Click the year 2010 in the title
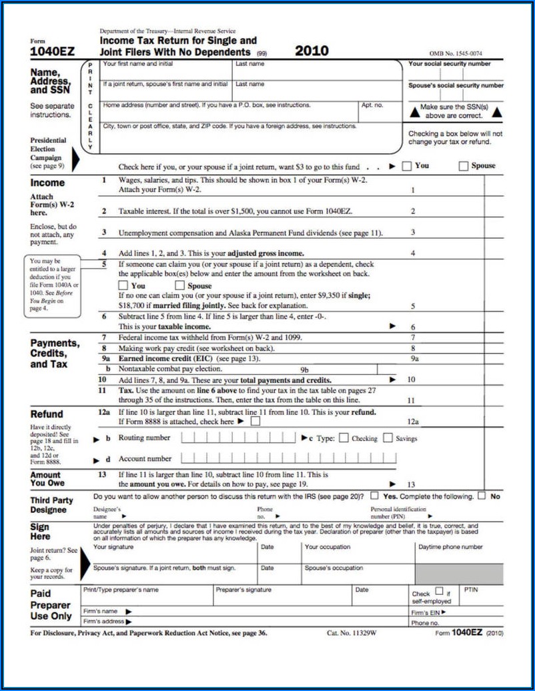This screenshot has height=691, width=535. (x=312, y=51)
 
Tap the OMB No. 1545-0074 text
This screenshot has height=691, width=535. (x=456, y=53)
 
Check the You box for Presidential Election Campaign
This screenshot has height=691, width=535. (x=407, y=166)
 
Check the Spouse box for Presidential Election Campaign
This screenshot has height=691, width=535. (x=464, y=166)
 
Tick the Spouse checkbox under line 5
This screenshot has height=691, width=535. (x=179, y=285)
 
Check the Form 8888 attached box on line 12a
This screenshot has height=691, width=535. (x=255, y=422)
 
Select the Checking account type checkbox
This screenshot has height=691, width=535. (x=344, y=438)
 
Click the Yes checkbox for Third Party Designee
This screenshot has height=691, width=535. (x=374, y=496)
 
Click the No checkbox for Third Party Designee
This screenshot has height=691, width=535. (x=482, y=496)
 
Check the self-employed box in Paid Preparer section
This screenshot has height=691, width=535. (x=439, y=591)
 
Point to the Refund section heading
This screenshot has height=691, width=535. (x=47, y=414)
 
